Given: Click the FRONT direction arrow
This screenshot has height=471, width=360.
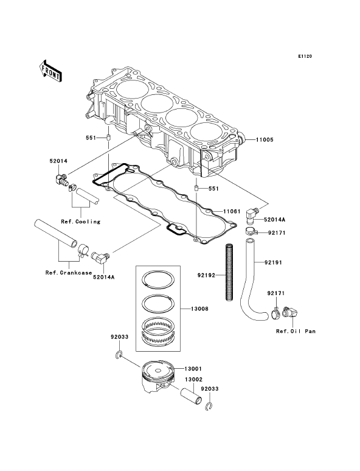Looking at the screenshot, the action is point(50,71).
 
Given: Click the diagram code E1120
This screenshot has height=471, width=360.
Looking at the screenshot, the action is point(305,56).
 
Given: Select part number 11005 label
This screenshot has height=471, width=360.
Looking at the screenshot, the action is point(265,140).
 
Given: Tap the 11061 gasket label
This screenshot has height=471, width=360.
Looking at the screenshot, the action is point(232,212).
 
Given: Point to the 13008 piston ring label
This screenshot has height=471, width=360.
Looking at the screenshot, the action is point(199,309).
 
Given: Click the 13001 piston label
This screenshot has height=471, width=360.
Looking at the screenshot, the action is point(193,369).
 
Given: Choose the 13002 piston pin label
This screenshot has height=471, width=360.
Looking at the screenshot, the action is point(193,379).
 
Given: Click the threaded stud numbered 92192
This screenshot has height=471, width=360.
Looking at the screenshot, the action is point(230,271).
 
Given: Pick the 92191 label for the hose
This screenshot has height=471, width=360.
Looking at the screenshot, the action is point(273,262).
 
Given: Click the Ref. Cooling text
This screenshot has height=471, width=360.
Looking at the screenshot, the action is point(80,222).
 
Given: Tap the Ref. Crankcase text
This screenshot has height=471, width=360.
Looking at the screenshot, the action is point(69,273).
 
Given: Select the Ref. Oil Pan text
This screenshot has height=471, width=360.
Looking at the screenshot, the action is point(296,331).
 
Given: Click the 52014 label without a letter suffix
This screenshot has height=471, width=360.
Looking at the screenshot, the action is point(58,161).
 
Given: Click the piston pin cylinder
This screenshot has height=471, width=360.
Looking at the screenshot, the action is point(191,397).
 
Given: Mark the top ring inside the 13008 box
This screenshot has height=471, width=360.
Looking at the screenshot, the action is point(158,279).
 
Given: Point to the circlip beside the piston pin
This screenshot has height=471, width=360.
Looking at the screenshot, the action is point(209,407).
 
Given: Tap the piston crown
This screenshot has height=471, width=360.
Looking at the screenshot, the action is point(158,369).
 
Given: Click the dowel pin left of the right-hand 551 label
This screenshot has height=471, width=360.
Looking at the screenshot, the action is point(195,189).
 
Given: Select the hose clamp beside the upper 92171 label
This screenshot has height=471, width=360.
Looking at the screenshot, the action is point(250,232).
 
